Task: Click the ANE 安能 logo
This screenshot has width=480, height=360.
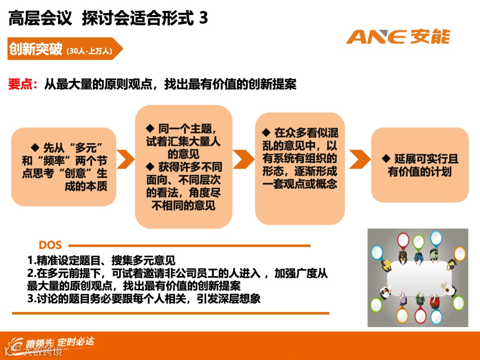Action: point(398,36)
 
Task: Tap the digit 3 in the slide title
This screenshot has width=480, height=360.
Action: point(204,18)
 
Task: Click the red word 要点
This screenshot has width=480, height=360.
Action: point(20,84)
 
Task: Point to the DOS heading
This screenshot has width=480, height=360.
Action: point(50,245)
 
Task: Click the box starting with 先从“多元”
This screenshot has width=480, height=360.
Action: point(64,167)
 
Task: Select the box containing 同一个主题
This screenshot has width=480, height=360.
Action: point(184,167)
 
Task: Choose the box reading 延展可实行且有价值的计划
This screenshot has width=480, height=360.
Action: point(420,165)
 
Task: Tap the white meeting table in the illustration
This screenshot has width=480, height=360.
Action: point(418,278)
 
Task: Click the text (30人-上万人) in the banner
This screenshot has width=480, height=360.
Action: point(89,51)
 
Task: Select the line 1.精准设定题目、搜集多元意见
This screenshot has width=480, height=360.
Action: point(101,260)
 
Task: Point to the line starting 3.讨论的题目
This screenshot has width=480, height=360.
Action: point(144,299)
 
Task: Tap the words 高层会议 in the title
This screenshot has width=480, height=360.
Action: point(40,18)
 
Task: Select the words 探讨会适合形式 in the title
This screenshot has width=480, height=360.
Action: point(138,18)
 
